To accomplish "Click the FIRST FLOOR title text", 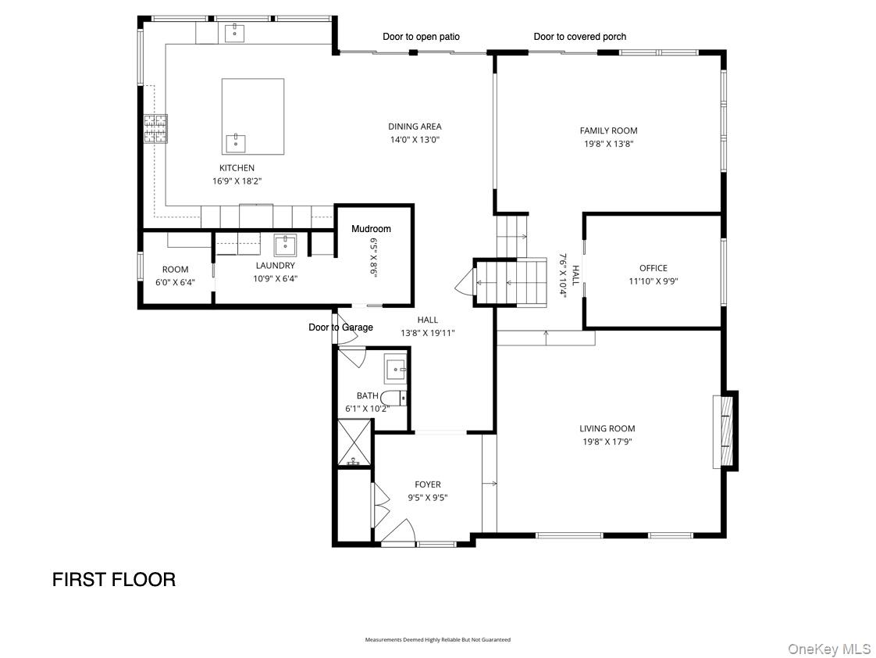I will click(114, 579).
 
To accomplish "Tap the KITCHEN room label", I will click(237, 168).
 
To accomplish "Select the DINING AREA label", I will click(415, 127).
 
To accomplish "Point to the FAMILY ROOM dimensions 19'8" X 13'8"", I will click(608, 144).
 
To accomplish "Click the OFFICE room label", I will click(653, 268).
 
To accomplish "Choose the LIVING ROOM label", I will click(607, 428).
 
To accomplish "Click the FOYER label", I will click(427, 485).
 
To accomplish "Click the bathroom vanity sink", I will click(396, 368).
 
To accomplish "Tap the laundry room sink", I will click(285, 245).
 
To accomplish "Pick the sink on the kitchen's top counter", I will click(234, 32).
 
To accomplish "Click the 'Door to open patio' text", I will click(421, 37).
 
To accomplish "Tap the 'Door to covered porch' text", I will click(579, 37).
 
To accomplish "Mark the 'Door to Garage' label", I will click(340, 327).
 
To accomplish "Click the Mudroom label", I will click(371, 229).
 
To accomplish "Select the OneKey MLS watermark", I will click(828, 649).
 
